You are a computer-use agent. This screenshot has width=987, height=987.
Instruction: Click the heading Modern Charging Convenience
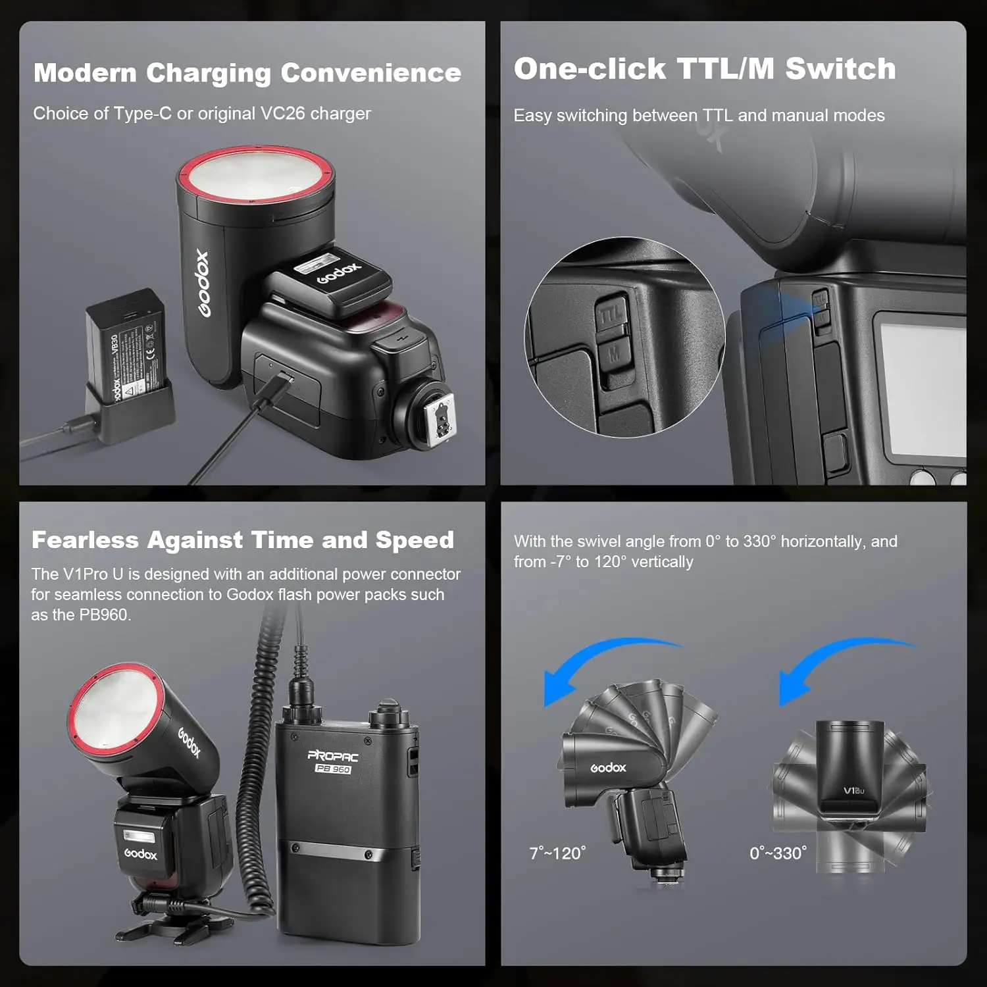[x=247, y=73]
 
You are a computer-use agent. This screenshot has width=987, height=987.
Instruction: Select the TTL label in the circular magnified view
[x=611, y=314]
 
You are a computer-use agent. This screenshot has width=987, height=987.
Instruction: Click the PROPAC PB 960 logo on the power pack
[x=333, y=761]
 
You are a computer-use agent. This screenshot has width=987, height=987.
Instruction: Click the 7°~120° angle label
[x=557, y=853]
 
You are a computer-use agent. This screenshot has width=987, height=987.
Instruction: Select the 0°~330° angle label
[x=778, y=853]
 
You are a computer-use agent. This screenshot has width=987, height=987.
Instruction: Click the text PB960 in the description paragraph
[x=103, y=615]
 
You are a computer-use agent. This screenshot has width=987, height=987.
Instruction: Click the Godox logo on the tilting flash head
[x=608, y=768]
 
